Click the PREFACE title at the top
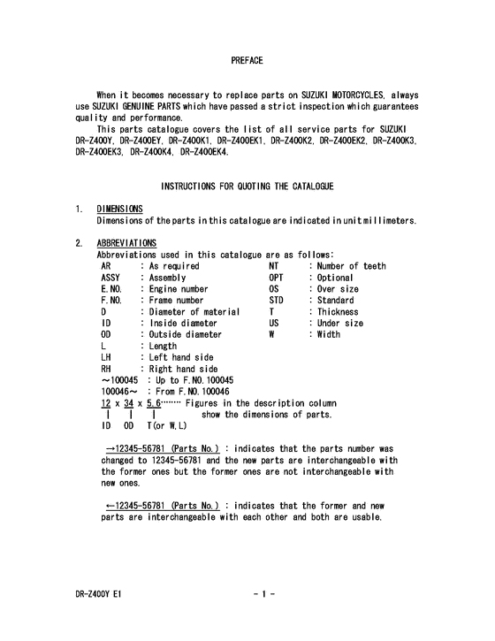coord(247,60)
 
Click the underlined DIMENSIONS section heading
coord(119,210)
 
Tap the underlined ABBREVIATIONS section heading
coord(127,243)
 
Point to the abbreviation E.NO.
coord(113,289)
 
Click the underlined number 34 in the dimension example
coord(132,404)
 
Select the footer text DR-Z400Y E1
coord(99,595)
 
